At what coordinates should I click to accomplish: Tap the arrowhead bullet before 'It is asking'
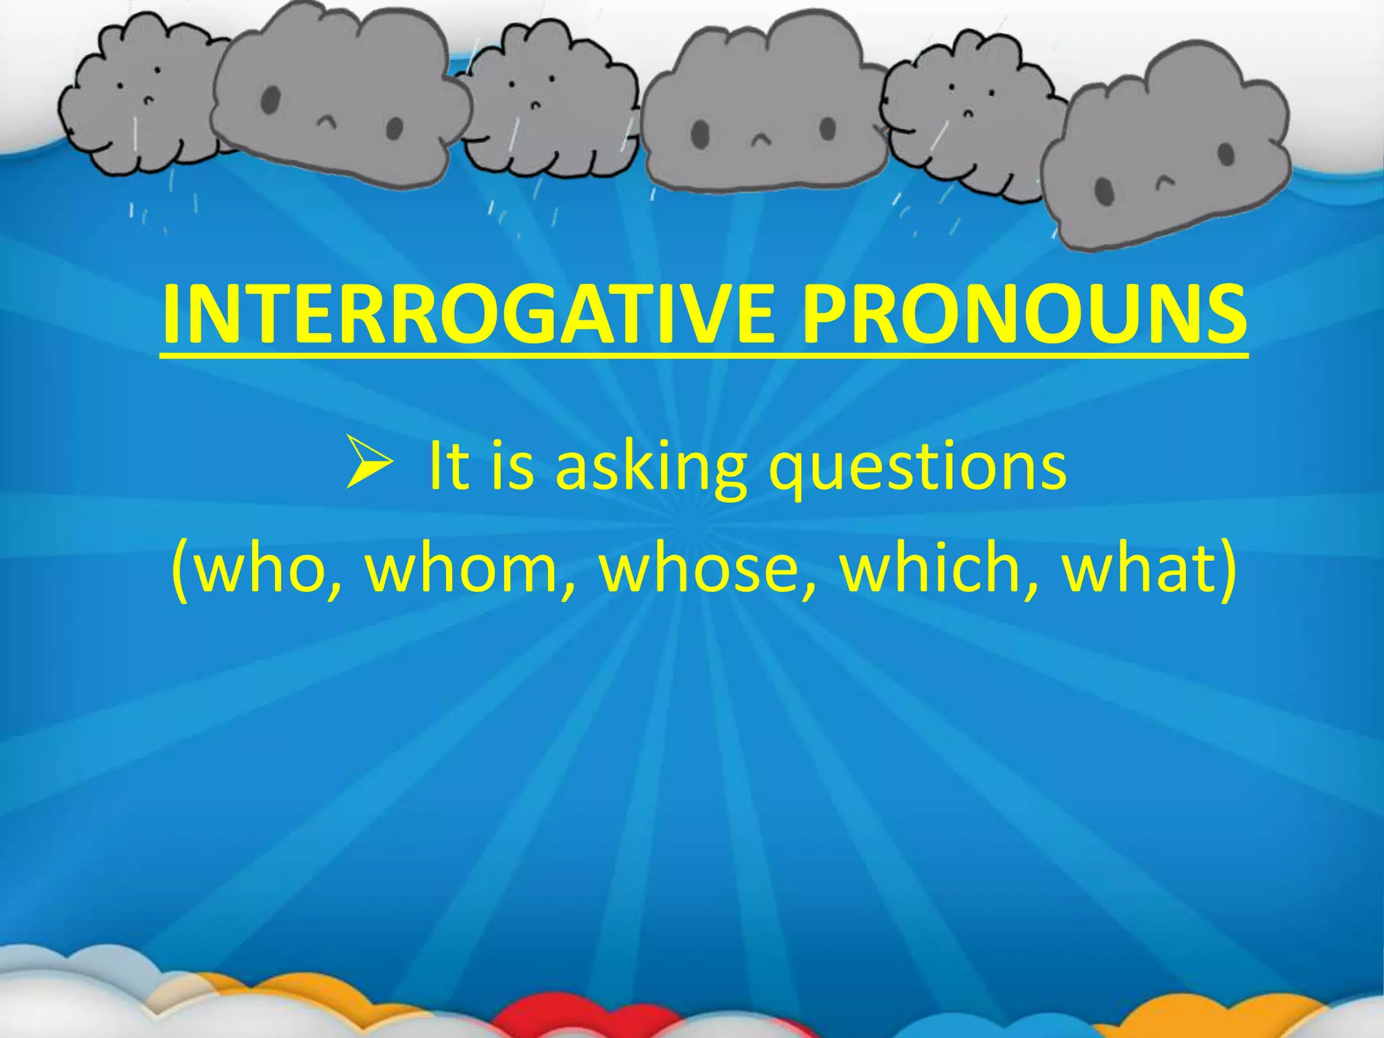[x=368, y=462]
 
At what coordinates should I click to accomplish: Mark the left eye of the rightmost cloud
[x=1104, y=190]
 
